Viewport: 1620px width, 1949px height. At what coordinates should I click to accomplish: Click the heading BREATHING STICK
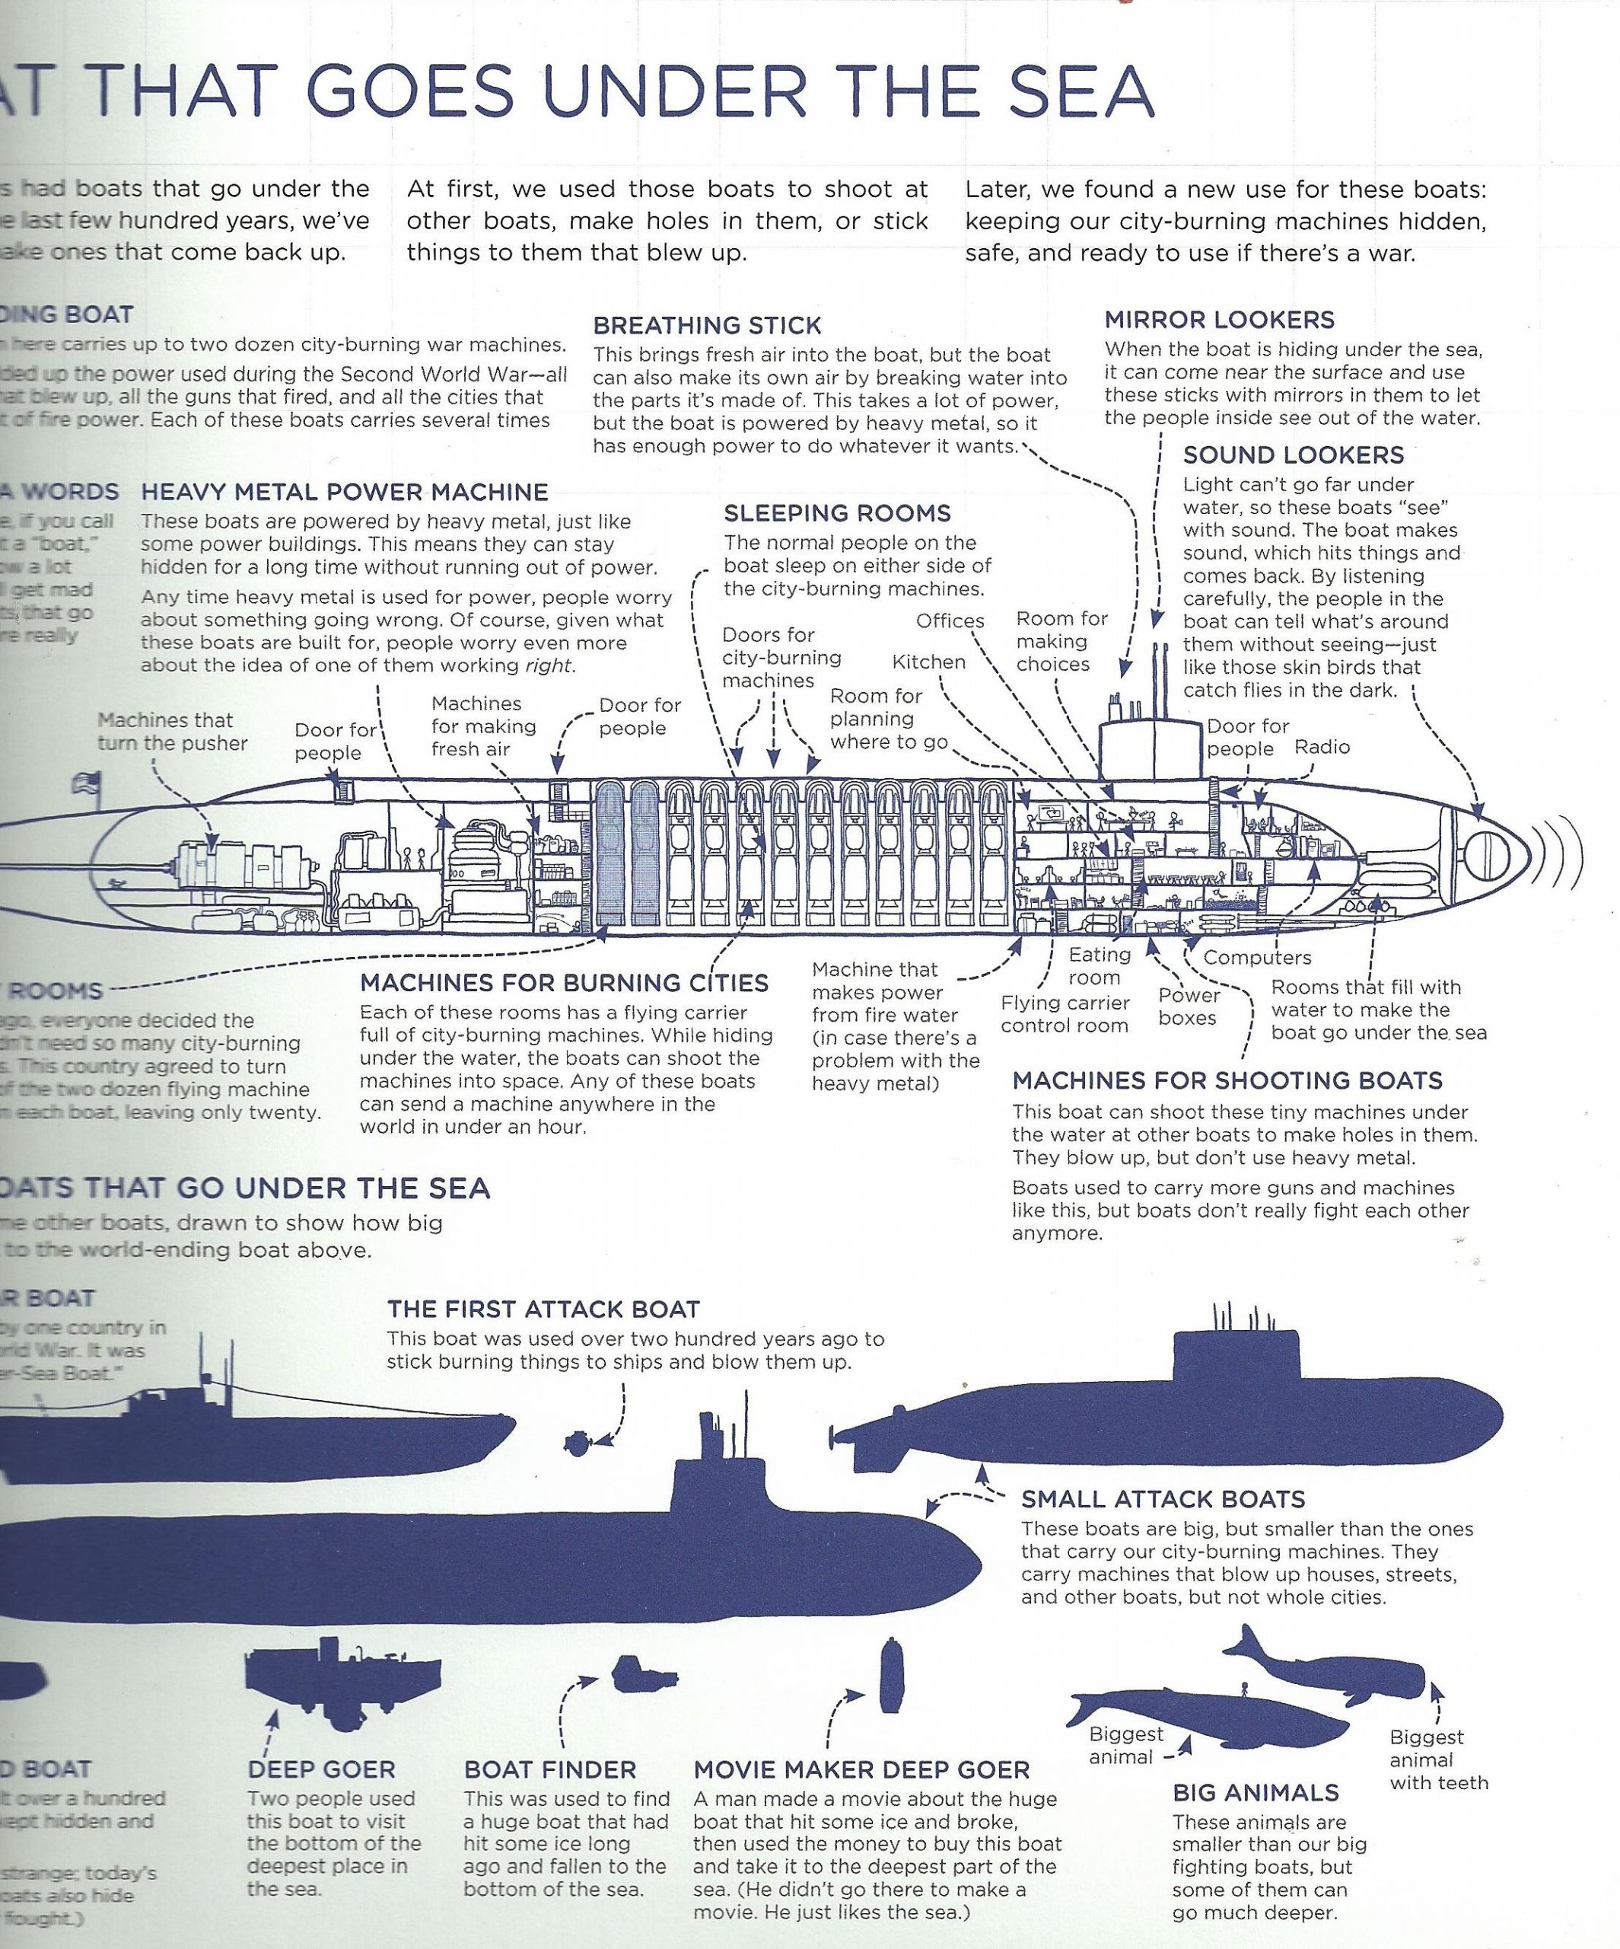point(707,326)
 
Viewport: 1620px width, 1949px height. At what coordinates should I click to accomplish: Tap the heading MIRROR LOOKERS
point(1219,321)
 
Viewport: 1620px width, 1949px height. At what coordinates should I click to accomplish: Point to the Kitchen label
point(929,662)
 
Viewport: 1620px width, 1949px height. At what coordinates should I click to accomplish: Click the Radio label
point(1322,747)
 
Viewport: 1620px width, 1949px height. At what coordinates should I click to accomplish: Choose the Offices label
point(950,621)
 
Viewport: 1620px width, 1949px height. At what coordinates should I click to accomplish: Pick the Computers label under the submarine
point(1257,958)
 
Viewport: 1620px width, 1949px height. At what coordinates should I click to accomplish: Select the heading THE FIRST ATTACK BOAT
point(544,1309)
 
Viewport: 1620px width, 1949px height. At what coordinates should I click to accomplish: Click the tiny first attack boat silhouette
point(575,1442)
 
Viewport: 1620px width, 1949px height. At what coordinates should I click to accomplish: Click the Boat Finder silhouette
point(644,1674)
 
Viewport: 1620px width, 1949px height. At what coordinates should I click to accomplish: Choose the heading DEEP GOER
point(321,1770)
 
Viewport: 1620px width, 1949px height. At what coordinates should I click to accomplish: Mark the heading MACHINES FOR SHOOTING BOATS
point(1227,1080)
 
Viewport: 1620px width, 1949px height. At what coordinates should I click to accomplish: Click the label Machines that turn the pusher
point(173,732)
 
